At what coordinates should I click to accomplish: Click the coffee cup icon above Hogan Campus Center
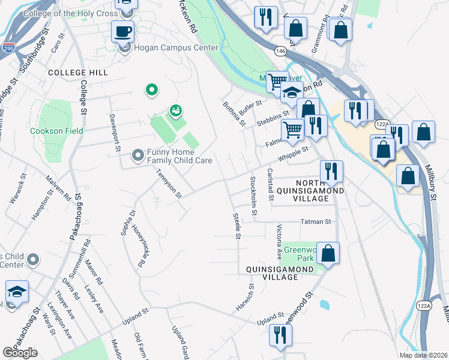123,31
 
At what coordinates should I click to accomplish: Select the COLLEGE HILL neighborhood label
78,73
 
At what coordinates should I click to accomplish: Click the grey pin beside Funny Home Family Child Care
138,156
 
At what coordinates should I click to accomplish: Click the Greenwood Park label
300,254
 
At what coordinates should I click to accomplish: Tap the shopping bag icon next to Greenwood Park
329,253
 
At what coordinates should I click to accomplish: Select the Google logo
20,353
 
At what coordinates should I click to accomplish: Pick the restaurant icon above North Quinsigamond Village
331,171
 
